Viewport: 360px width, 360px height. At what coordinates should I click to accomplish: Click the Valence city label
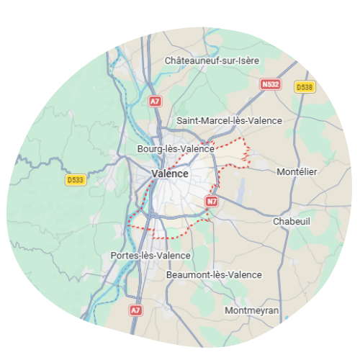click(171, 174)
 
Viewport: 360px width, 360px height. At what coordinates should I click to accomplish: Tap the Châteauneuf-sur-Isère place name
click(212, 60)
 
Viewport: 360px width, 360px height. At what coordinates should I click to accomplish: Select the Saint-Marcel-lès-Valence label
click(229, 120)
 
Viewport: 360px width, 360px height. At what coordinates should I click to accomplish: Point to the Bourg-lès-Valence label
click(176, 149)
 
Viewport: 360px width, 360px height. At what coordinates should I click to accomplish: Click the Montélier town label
click(297, 171)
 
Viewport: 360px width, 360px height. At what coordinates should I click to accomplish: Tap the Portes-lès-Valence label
click(150, 256)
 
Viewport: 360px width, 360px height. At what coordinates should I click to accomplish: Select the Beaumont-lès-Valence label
click(214, 274)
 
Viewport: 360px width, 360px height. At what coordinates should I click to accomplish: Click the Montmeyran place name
click(252, 310)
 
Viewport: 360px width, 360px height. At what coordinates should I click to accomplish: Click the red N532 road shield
click(270, 84)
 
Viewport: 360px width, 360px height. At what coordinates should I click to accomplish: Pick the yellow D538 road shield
click(305, 86)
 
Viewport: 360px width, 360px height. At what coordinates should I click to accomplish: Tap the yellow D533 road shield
click(75, 180)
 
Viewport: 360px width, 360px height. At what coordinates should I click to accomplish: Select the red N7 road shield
click(211, 202)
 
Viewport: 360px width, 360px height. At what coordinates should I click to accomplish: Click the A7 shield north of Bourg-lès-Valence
click(155, 102)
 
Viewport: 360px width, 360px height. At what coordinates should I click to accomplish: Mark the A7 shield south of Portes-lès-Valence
click(135, 310)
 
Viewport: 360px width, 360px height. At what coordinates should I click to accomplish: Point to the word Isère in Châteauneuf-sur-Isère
click(246, 60)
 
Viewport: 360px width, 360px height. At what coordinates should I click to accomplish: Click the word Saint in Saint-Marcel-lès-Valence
click(189, 120)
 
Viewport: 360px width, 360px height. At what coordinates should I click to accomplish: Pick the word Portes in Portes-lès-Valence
click(124, 256)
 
